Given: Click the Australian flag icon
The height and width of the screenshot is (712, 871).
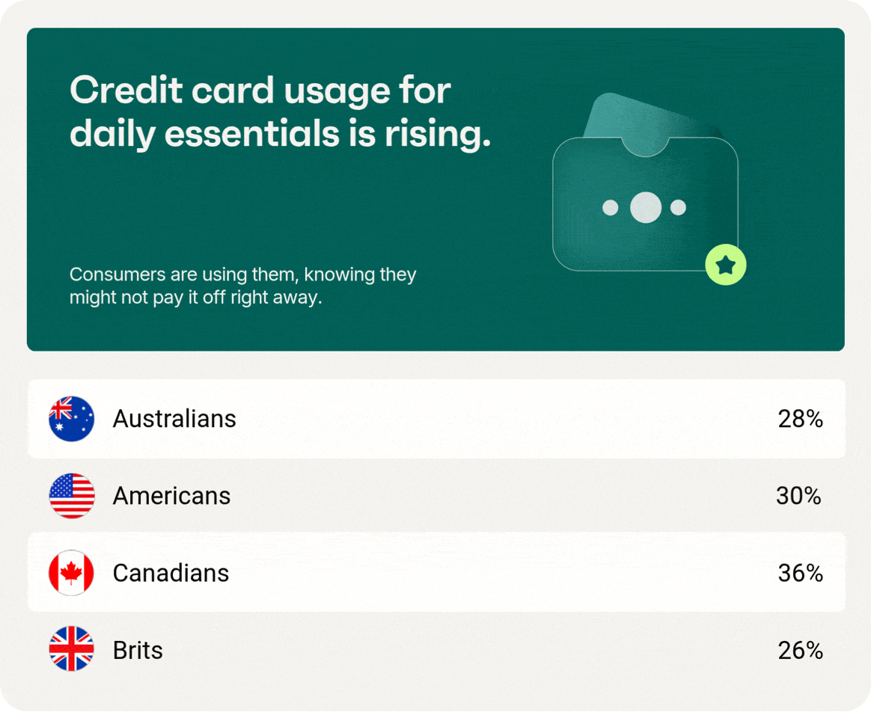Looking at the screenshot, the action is [x=72, y=419].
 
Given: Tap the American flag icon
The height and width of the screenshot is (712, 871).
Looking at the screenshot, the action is [x=72, y=496].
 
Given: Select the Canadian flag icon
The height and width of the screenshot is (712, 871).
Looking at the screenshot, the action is [x=72, y=573].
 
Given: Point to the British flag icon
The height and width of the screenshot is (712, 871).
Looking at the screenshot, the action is [x=72, y=648].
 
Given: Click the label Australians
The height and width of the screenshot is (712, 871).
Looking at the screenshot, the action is [x=174, y=419].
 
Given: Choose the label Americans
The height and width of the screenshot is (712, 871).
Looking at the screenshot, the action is [x=171, y=496].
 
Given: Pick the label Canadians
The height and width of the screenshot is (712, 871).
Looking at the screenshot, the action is [x=171, y=573].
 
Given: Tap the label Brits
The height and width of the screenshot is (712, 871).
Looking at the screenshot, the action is [x=138, y=651].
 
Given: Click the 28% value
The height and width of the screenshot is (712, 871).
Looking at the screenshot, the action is [x=801, y=420].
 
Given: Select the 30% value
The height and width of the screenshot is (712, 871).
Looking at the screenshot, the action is [x=798, y=496].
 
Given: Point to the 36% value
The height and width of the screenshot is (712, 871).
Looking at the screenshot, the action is [x=801, y=573].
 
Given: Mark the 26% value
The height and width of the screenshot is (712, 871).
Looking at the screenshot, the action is [x=801, y=651].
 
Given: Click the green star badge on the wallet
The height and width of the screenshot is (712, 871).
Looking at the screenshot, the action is [x=726, y=265].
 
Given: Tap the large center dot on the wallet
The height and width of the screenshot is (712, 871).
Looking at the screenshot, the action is [x=646, y=207].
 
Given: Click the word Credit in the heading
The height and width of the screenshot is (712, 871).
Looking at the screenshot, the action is [x=126, y=90].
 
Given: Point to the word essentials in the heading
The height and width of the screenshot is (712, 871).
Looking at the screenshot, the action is [x=251, y=134].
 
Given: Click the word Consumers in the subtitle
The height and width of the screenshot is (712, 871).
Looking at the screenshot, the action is [x=117, y=274].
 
